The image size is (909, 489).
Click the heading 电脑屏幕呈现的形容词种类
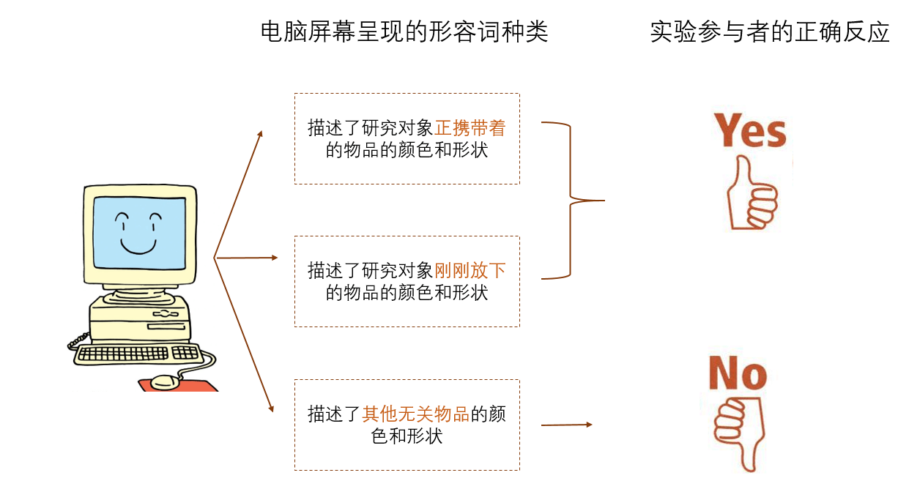point(404,32)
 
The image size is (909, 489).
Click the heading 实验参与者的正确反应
point(770,32)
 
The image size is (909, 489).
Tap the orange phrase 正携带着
point(470,128)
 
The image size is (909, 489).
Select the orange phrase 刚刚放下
point(470,271)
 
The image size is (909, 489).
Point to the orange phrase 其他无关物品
point(415,414)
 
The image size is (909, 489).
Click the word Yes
point(750,132)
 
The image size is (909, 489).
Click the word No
point(738,374)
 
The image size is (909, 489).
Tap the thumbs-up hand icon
point(750,194)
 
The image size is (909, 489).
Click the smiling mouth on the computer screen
point(138,246)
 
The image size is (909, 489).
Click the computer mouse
point(166,381)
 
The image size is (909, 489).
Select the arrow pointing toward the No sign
point(565,425)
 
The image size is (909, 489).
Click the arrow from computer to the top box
point(238,194)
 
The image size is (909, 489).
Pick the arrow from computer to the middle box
point(246,258)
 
